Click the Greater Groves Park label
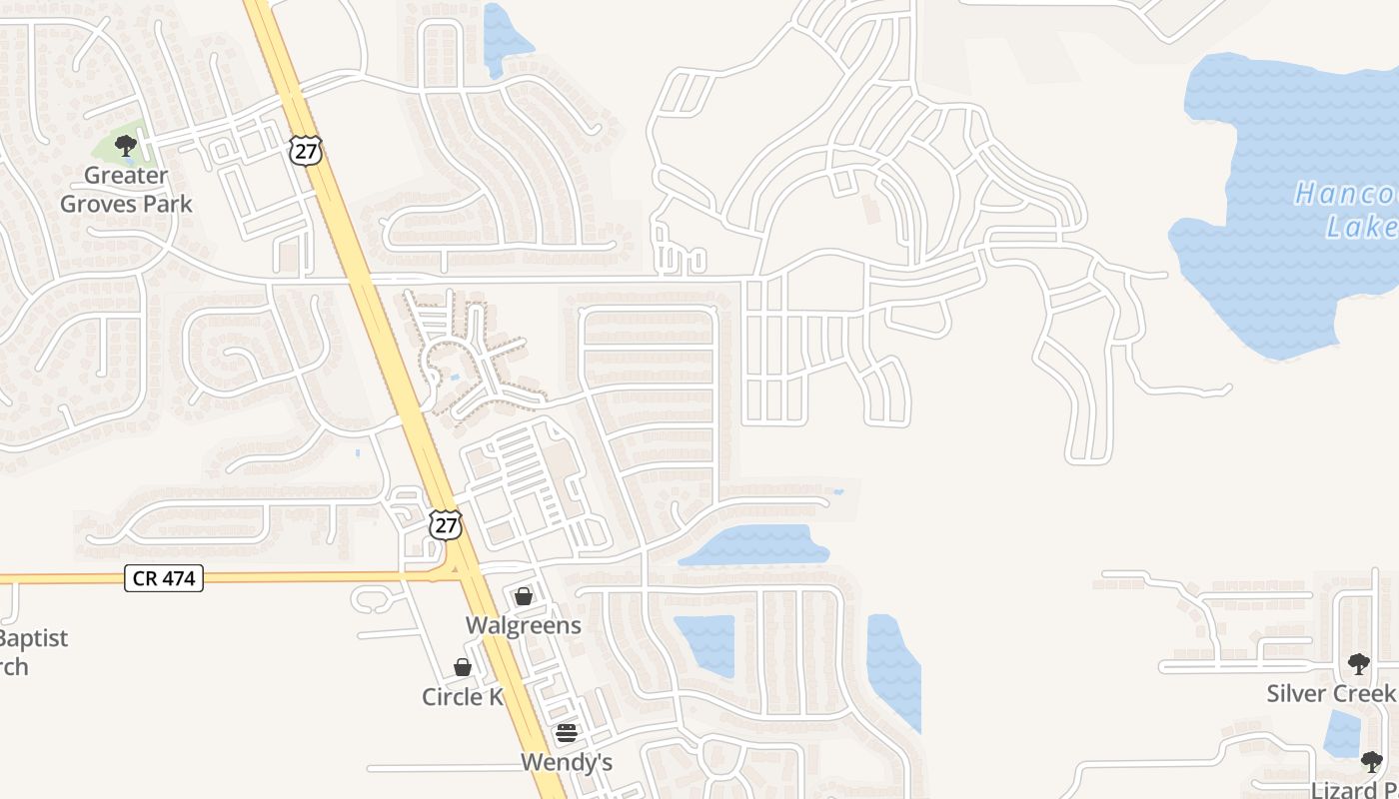pyautogui.click(x=126, y=189)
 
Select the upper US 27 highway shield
pyautogui.click(x=306, y=150)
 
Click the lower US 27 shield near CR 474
pyautogui.click(x=446, y=525)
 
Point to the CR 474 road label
pyautogui.click(x=164, y=577)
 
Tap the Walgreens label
pyautogui.click(x=523, y=625)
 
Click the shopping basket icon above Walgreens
pyautogui.click(x=523, y=596)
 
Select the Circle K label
pyautogui.click(x=462, y=696)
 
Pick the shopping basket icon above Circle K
pyautogui.click(x=462, y=667)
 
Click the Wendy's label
pyautogui.click(x=566, y=762)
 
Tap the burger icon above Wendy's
pyautogui.click(x=566, y=733)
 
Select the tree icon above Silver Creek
pyautogui.click(x=1358, y=664)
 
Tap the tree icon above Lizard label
pyautogui.click(x=1372, y=762)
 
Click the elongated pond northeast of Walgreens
pyautogui.click(x=756, y=545)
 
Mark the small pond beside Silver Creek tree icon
pyautogui.click(x=1341, y=733)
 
